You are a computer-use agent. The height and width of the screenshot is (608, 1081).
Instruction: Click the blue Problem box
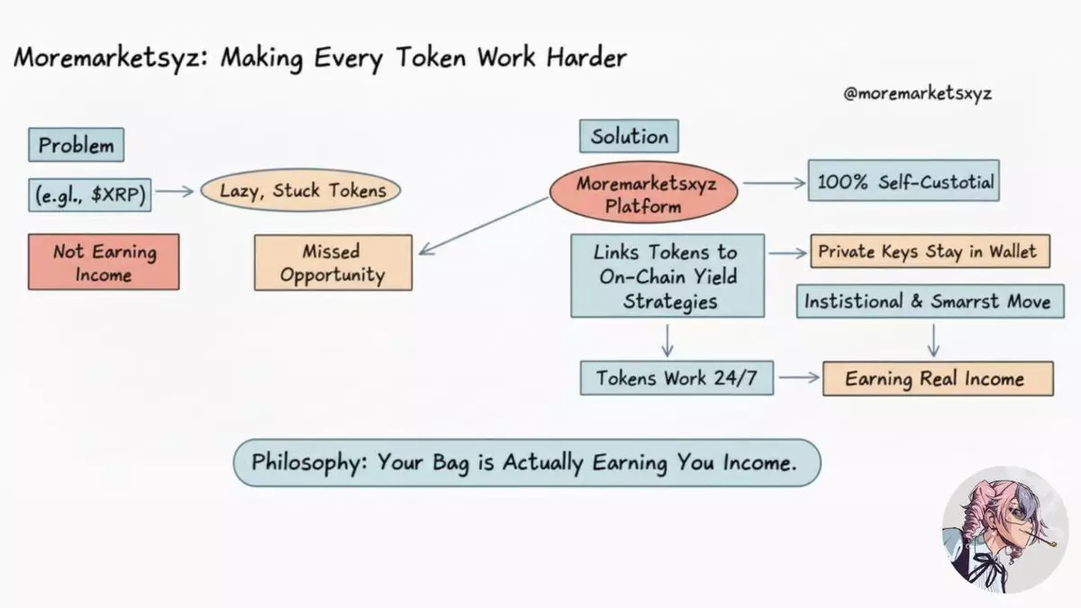pos(77,145)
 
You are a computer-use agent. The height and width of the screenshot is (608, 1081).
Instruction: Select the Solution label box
pos(629,136)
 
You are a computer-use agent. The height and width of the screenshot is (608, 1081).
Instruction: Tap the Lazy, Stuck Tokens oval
pos(301,190)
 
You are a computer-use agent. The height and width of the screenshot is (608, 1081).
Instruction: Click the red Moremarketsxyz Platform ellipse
pos(644,192)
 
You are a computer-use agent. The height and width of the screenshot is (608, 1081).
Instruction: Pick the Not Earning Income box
pos(104,262)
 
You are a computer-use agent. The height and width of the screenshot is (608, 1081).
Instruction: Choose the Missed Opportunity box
pos(333,262)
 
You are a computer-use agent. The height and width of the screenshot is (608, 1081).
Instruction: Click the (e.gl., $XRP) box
pos(90,195)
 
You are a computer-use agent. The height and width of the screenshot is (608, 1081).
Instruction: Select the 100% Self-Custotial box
pos(904,180)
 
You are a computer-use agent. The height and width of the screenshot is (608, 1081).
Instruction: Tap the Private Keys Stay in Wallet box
pos(930,251)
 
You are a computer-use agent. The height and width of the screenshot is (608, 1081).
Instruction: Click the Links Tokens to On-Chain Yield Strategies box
pos(668,276)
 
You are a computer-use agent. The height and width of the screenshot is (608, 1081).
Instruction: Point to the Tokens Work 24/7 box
pos(677,377)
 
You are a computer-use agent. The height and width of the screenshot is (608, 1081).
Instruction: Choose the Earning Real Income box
pos(938,379)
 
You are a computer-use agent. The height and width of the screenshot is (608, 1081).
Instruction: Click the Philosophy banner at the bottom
pos(527,463)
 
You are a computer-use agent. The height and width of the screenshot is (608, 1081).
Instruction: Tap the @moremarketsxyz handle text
pos(917,94)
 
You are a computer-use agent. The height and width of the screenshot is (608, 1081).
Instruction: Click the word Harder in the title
pos(586,58)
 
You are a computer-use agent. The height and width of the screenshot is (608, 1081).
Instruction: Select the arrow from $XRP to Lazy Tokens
pos(175,191)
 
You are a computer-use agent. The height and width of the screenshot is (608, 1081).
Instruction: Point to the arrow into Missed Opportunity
pos(484,226)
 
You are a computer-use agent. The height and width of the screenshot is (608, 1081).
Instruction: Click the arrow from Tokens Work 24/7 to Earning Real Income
pos(799,377)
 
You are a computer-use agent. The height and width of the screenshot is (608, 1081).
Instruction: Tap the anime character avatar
pos(1004,530)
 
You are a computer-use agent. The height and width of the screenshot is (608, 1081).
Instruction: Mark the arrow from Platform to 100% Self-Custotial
pos(775,183)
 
